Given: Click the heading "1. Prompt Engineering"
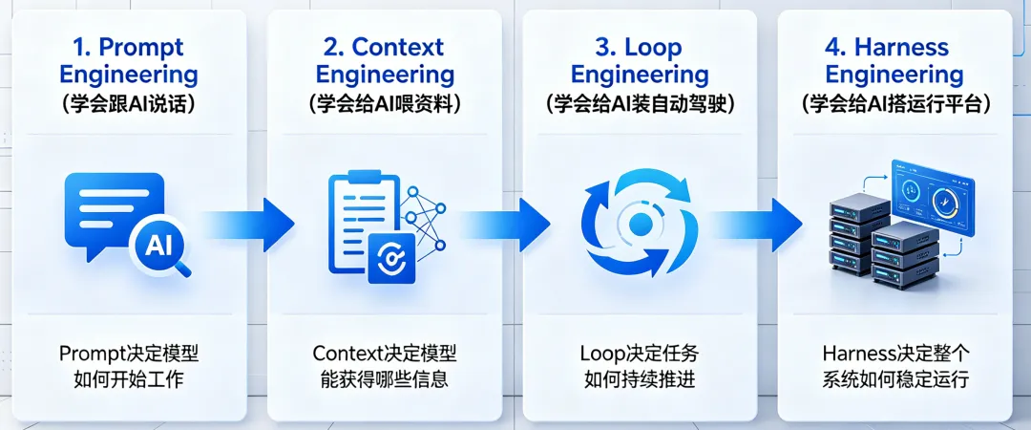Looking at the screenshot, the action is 128,60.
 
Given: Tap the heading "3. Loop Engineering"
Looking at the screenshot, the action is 640,60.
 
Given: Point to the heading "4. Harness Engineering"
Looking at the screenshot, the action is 894,60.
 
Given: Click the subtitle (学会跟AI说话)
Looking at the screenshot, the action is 128,105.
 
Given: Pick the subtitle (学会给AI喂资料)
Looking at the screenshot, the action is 385,105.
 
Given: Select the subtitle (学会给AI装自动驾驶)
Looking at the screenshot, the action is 640,105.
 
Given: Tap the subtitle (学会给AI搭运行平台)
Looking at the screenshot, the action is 895,105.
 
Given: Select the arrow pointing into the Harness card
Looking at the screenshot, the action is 757,225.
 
